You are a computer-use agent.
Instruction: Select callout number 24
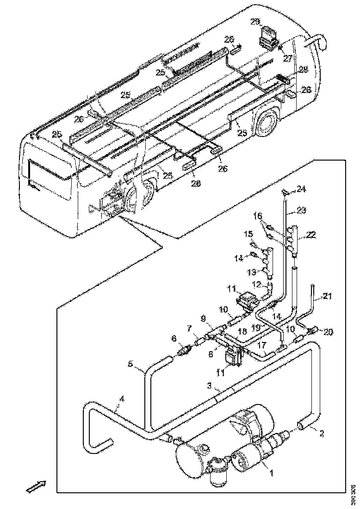point(301,189)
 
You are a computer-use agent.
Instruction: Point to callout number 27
point(288,59)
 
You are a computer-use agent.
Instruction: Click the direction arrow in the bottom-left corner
point(35,486)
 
